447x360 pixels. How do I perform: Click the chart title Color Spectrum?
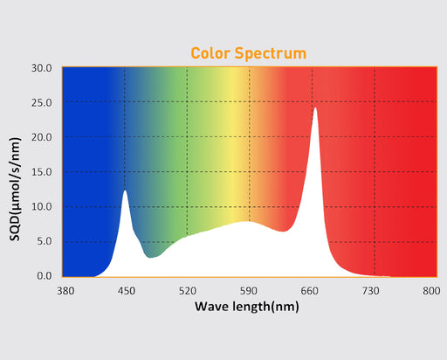pos(249,53)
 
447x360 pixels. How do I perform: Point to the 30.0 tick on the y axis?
pos(40,68)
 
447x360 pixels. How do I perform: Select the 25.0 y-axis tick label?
pos(40,102)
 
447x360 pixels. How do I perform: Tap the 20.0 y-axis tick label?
pos(40,137)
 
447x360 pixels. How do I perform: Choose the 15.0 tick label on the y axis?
pos(40,172)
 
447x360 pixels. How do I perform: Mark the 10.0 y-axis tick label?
pos(40,207)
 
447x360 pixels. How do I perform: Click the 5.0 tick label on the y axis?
pos(43,241)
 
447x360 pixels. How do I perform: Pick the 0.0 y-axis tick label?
pos(43,276)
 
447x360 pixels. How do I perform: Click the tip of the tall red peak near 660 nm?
pos(315,108)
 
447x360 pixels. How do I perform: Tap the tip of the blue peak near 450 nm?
pos(125,190)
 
